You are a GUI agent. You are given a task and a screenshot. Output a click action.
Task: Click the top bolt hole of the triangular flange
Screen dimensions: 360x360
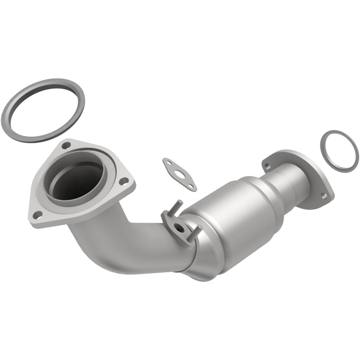(x=66, y=145)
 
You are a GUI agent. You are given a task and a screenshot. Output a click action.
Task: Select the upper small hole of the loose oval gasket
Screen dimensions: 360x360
(x=168, y=161)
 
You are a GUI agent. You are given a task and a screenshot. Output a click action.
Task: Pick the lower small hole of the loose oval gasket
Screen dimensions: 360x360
(x=191, y=186)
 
